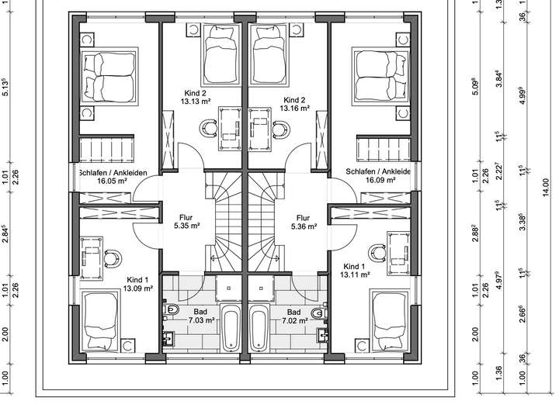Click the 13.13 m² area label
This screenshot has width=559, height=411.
(196, 101)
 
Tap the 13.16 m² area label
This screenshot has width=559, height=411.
(294, 108)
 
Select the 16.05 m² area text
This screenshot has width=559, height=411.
(113, 181)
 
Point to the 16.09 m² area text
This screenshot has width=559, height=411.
(380, 180)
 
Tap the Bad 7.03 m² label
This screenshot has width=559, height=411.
(201, 316)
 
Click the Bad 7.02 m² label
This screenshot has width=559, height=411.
(294, 316)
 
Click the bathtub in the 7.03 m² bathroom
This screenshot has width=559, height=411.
(231, 328)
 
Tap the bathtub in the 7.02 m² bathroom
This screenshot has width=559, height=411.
(259, 328)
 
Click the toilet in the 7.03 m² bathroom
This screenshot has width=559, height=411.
(171, 309)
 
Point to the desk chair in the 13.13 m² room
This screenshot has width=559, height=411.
(208, 128)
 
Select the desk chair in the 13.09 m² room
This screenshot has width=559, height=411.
(113, 258)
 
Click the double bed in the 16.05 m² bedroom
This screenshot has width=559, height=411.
(109, 76)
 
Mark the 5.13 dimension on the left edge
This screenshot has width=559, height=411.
(5, 87)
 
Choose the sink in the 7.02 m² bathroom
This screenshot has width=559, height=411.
(323, 335)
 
